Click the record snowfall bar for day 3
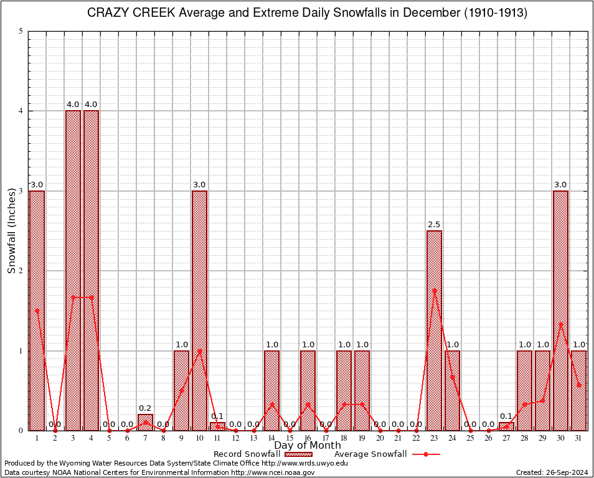pos(73,270)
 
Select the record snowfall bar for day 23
pos(434,330)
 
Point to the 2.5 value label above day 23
pos(434,224)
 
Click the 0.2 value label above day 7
pos(145,408)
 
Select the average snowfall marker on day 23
pos(434,290)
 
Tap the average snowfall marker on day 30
pos(560,324)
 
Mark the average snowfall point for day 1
pos(37,310)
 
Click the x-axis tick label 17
pos(326,438)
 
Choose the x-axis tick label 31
pos(578,438)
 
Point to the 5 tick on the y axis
pos(21,31)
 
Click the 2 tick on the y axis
pos(21,271)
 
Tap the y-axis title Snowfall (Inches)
pos(12,230)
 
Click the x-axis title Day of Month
pos(308,446)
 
